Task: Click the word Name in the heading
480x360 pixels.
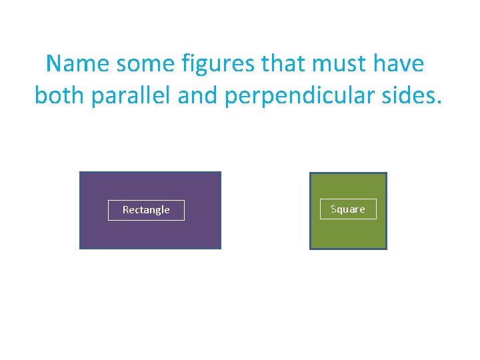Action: coord(78,64)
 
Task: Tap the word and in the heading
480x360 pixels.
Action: coord(198,96)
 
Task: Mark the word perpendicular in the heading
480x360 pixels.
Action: coord(303,96)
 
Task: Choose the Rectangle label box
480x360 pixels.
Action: coord(146,210)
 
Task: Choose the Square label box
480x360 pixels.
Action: coord(348,209)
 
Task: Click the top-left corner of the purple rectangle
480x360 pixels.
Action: coord(80,173)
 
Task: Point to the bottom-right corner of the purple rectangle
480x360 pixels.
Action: coord(220,248)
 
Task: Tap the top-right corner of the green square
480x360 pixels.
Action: coord(386,173)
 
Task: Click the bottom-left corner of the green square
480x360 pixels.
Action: coord(311,249)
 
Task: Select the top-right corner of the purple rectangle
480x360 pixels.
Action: coord(220,173)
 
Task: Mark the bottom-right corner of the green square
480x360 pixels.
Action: coord(386,249)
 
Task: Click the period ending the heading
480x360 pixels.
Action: coord(439,103)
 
